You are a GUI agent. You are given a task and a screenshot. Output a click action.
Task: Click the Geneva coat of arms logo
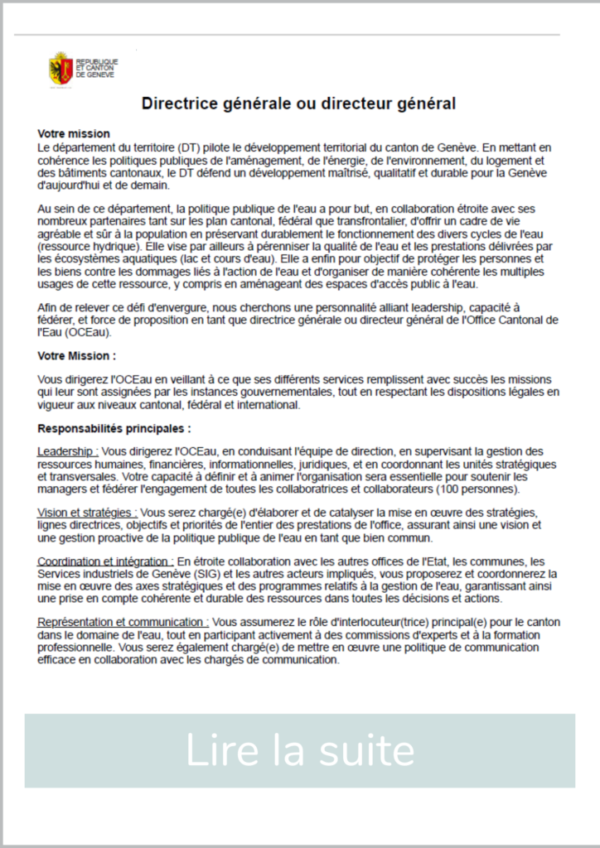pos(60,67)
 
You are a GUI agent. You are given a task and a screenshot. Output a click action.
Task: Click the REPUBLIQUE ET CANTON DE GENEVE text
pos(97,68)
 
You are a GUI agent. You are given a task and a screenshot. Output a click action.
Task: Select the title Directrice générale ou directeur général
pos(299,104)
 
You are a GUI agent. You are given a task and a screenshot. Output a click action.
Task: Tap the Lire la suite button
pos(299,750)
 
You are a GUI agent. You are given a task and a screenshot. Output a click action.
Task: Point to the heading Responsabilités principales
pos(114,429)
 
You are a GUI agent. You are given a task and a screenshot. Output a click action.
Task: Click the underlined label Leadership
pos(68,451)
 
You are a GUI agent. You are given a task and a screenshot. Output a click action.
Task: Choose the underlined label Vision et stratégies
pos(88,513)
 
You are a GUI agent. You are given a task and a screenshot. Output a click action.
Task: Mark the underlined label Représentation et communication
pos(123,622)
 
